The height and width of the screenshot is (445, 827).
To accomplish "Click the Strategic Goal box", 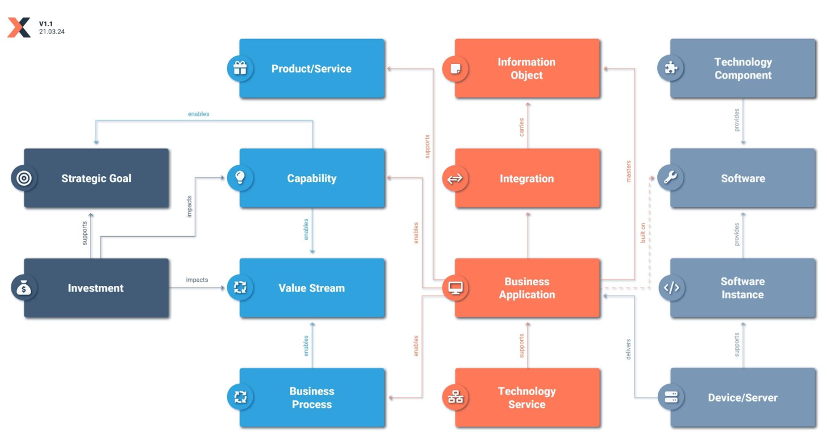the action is click(96, 178).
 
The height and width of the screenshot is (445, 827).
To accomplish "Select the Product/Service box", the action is click(312, 69).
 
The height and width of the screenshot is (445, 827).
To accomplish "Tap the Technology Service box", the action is click(527, 397).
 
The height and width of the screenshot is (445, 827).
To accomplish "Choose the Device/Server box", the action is click(743, 397).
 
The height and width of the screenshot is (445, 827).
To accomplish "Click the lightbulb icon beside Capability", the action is click(240, 178).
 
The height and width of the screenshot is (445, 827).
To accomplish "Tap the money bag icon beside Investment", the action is click(24, 288).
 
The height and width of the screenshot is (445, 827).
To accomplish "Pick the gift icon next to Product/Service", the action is click(240, 69).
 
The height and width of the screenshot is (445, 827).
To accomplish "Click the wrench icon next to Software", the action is click(670, 178).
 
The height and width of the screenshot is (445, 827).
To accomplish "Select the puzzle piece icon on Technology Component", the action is click(670, 68).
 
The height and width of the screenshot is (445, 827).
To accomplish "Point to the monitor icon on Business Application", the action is click(455, 288).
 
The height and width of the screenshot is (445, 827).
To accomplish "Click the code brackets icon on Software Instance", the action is click(671, 287).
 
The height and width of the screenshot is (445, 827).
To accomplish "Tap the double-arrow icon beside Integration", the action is click(455, 179).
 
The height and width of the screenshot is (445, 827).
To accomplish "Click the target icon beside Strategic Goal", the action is click(24, 178).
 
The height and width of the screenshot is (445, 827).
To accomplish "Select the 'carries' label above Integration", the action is click(521, 127).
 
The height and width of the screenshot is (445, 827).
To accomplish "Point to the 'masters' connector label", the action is click(628, 172).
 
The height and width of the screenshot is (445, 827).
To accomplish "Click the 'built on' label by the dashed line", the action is click(643, 233).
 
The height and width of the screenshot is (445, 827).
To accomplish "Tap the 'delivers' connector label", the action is click(628, 349).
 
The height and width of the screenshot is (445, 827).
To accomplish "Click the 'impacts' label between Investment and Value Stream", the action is click(197, 280).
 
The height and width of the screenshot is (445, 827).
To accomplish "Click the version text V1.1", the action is click(46, 24).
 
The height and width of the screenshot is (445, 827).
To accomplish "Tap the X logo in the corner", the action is click(19, 27).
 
